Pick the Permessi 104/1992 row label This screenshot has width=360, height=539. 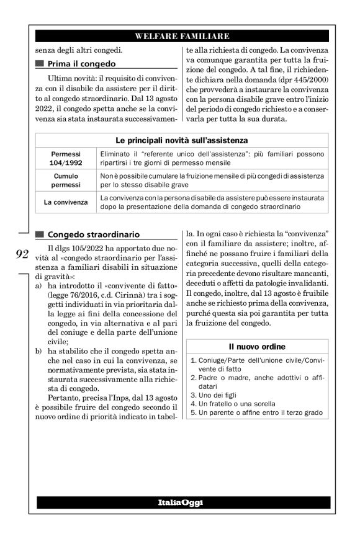[x=65, y=158]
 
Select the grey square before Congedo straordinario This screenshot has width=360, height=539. [x=41, y=234]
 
